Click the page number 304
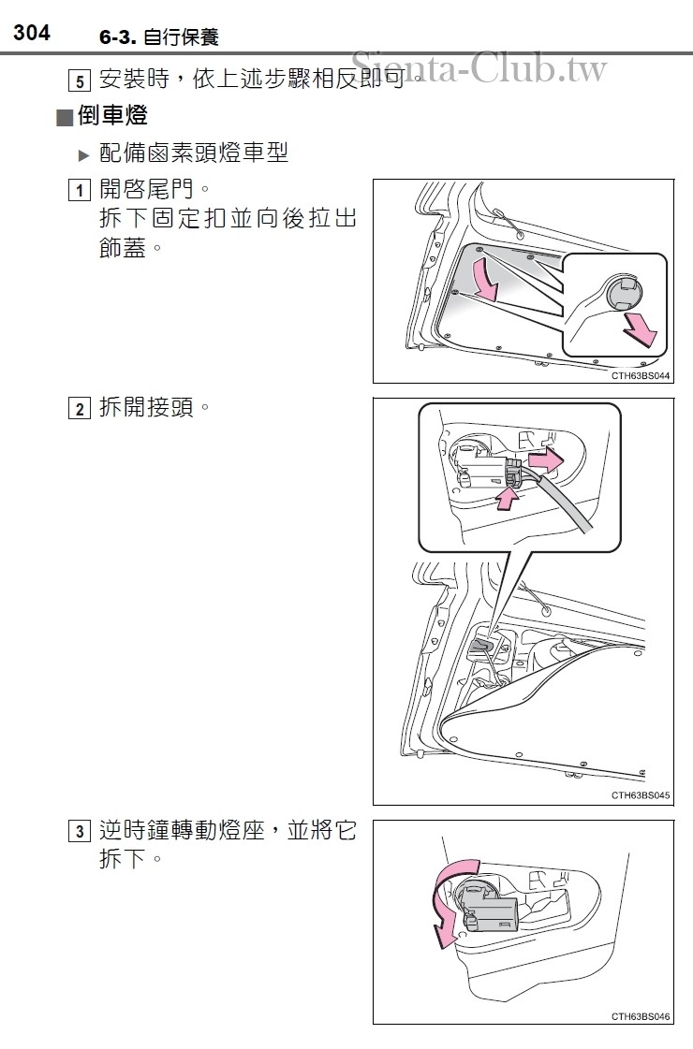[x=31, y=34]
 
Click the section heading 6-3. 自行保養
[x=158, y=37]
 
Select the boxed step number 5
[x=81, y=81]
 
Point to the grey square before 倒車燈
[x=64, y=118]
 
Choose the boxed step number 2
[x=81, y=409]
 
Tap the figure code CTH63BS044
[x=641, y=374]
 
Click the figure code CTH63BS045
[x=641, y=795]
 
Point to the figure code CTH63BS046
[x=641, y=1016]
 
